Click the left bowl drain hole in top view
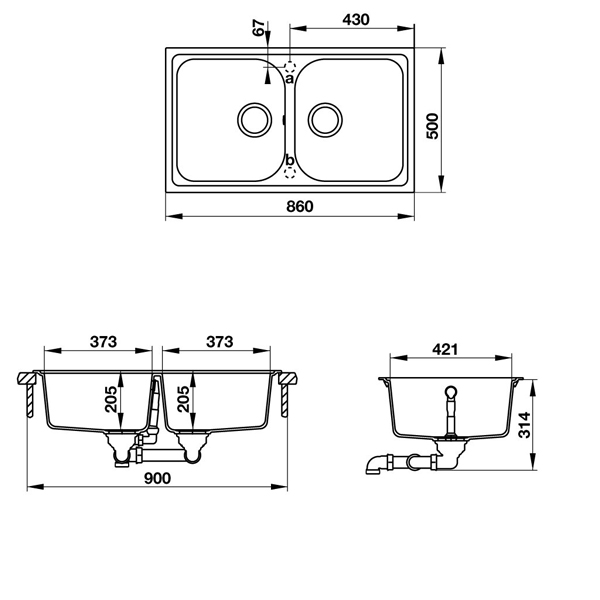pyautogui.click(x=253, y=119)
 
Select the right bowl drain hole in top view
pyautogui.click(x=325, y=119)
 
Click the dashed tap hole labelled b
pyautogui.click(x=290, y=173)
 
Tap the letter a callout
pyautogui.click(x=289, y=78)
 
